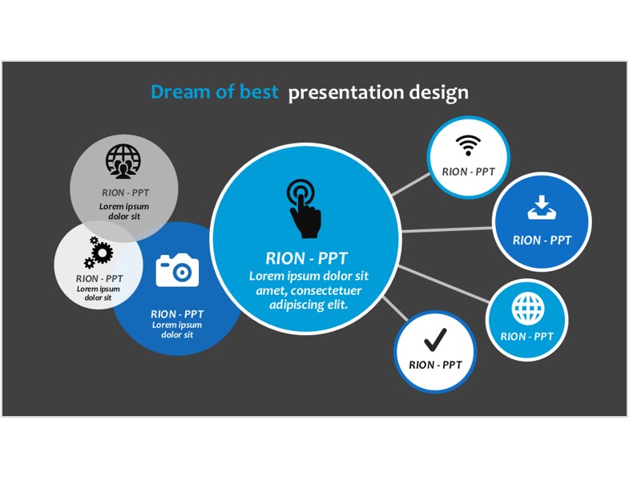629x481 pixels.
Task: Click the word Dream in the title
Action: click(180, 92)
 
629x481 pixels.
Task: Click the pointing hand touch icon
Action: click(304, 208)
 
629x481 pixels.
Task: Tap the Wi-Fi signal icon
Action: click(468, 145)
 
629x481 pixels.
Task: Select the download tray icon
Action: click(542, 208)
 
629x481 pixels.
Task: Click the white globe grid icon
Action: click(528, 309)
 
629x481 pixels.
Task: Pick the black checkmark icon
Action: click(435, 340)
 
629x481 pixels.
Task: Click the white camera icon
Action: click(177, 270)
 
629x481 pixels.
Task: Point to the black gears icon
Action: click(99, 253)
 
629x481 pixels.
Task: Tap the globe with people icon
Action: click(123, 161)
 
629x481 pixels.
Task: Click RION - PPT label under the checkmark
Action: click(435, 365)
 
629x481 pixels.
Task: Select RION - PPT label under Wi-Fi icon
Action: click(468, 172)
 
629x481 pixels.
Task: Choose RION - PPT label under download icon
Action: click(542, 240)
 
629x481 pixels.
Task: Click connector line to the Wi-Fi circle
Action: click(410, 184)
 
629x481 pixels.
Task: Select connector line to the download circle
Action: click(446, 229)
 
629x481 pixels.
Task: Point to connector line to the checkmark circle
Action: click(395, 309)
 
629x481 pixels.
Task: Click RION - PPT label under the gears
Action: click(99, 279)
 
